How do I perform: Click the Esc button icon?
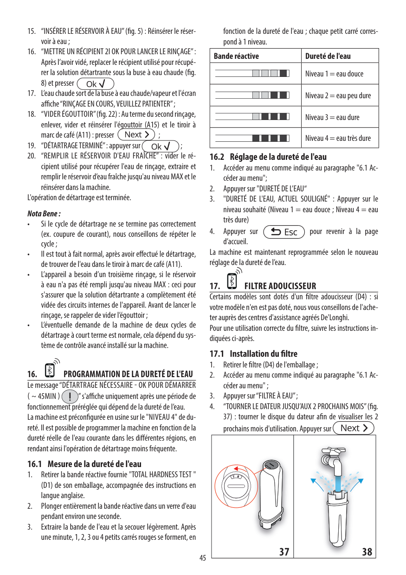pos(283,232)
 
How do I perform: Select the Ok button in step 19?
pos(161,146)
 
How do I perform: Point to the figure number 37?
pos(284,551)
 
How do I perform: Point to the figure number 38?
pos(367,551)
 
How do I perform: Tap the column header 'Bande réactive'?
pos(236,56)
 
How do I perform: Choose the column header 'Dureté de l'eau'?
pos(328,56)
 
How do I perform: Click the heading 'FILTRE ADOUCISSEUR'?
pos(280,286)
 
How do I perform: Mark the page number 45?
pos(203,558)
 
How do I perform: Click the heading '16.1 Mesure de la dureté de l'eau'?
pos(84,464)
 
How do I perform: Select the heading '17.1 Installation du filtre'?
pos(253,354)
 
